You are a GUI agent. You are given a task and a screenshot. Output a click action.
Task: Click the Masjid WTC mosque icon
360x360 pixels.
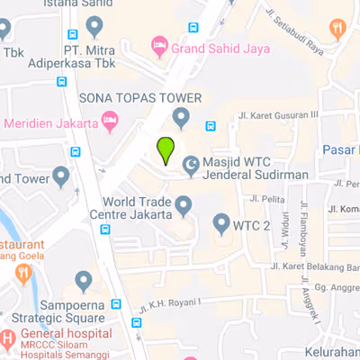tap(191, 163)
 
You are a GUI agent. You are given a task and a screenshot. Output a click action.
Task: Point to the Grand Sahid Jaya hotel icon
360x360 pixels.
tap(158, 44)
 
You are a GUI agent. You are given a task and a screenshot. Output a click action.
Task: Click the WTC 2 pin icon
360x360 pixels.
tap(221, 222)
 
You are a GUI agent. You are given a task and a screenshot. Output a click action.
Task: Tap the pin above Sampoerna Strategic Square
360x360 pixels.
tap(84, 283)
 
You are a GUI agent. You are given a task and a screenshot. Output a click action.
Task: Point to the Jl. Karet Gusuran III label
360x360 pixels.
tap(278, 114)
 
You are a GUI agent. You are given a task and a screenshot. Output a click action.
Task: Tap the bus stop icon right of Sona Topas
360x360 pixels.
tap(211, 126)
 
